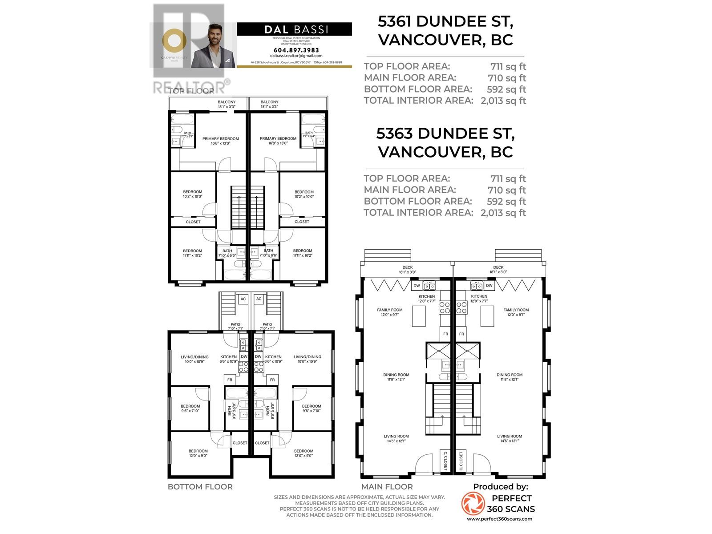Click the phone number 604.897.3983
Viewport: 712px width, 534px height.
296,50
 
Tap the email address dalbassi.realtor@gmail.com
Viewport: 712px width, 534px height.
296,56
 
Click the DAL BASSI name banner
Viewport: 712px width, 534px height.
295,29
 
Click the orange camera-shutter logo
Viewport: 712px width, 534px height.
473,503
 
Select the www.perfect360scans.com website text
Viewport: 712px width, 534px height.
499,519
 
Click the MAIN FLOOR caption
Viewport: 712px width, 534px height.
387,487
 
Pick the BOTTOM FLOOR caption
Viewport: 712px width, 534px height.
200,487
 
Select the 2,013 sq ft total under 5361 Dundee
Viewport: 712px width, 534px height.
503,101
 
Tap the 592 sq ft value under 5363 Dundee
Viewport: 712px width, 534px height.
506,201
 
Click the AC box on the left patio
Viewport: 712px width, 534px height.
243,299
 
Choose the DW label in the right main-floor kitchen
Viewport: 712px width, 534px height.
489,286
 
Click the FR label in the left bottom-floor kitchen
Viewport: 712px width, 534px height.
230,380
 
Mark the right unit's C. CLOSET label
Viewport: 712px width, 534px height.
461,461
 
